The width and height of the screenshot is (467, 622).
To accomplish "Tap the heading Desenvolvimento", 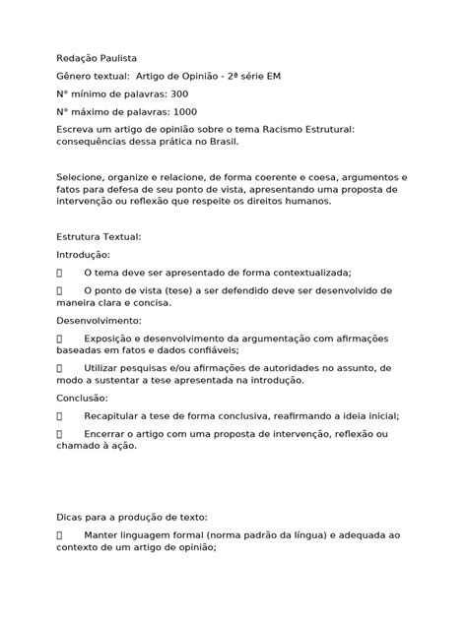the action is pyautogui.click(x=103, y=320).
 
